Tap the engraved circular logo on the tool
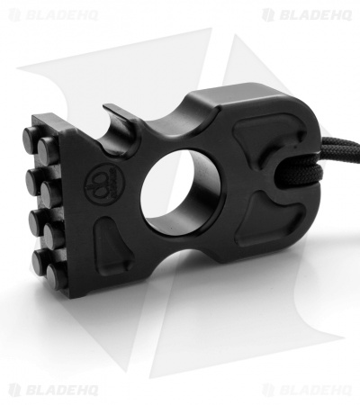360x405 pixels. [103, 185]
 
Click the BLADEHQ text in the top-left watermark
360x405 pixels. [61, 15]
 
